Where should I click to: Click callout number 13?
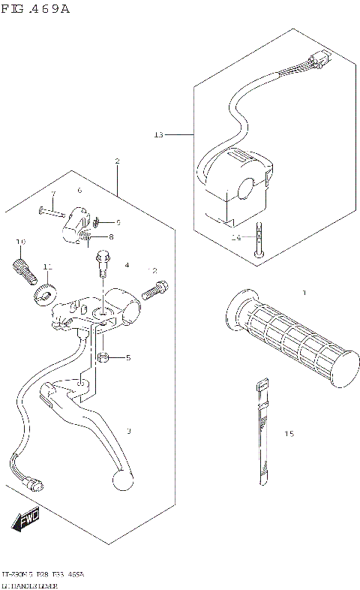coord(158,135)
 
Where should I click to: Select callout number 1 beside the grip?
coord(304,291)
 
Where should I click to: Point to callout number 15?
coord(289,434)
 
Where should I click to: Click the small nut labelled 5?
coord(106,356)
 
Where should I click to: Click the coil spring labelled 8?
coord(88,239)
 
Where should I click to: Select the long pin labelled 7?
coord(51,211)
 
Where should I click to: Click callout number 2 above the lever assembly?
coord(117,161)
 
